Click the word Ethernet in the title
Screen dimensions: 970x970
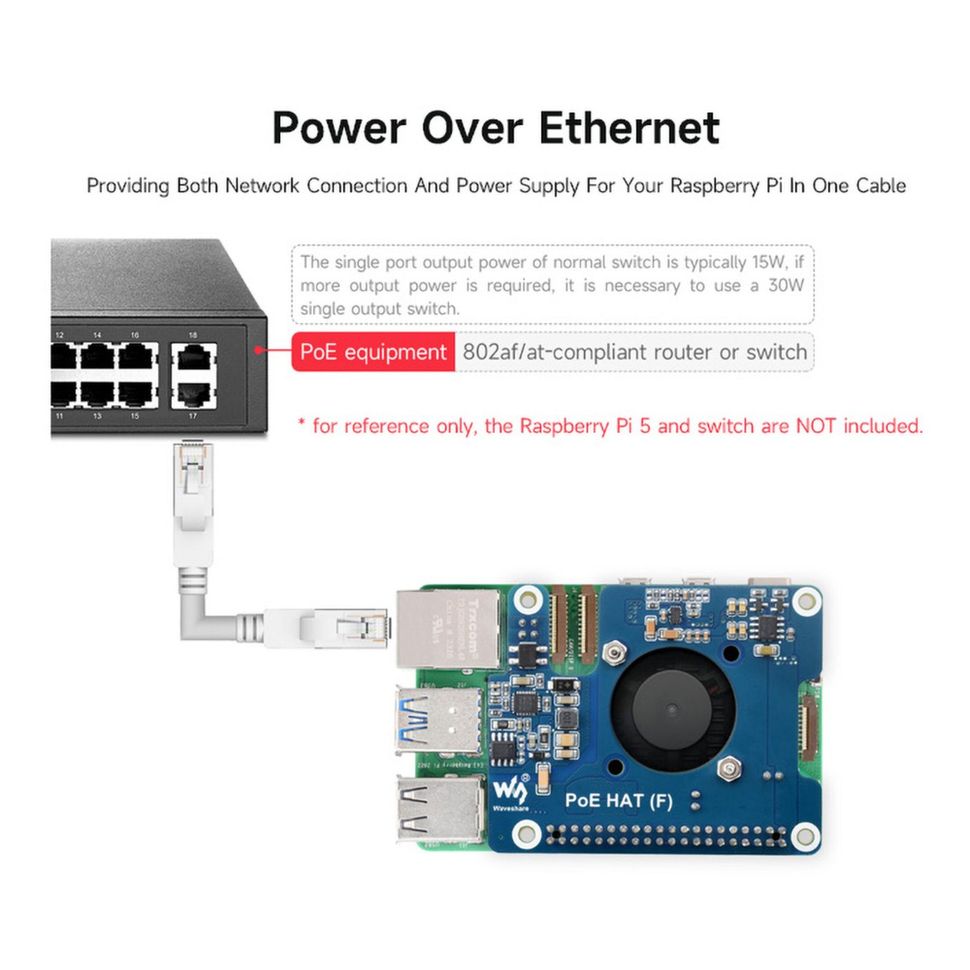(x=629, y=128)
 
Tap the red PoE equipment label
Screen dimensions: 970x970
(x=373, y=352)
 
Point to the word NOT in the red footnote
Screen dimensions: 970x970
(x=815, y=425)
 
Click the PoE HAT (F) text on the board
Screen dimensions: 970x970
(x=618, y=801)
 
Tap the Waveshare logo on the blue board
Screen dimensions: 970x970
(x=510, y=793)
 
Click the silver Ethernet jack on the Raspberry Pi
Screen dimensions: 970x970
(x=448, y=628)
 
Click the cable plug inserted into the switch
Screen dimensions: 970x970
(x=193, y=478)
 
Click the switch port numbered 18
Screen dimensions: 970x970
(x=194, y=359)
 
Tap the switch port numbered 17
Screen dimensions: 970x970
(x=194, y=394)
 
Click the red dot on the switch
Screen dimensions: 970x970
(x=258, y=351)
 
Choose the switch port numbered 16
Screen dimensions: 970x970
(x=136, y=358)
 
